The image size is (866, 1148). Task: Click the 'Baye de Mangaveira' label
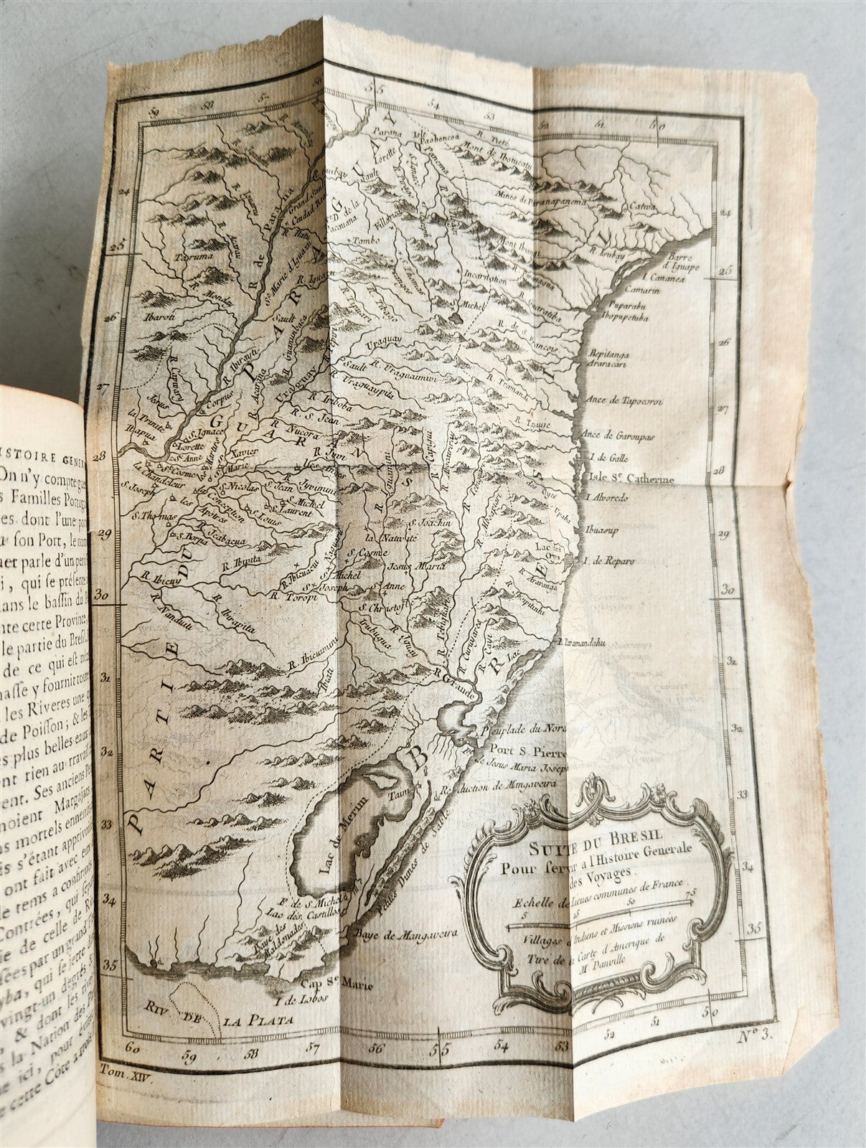[392, 934]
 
